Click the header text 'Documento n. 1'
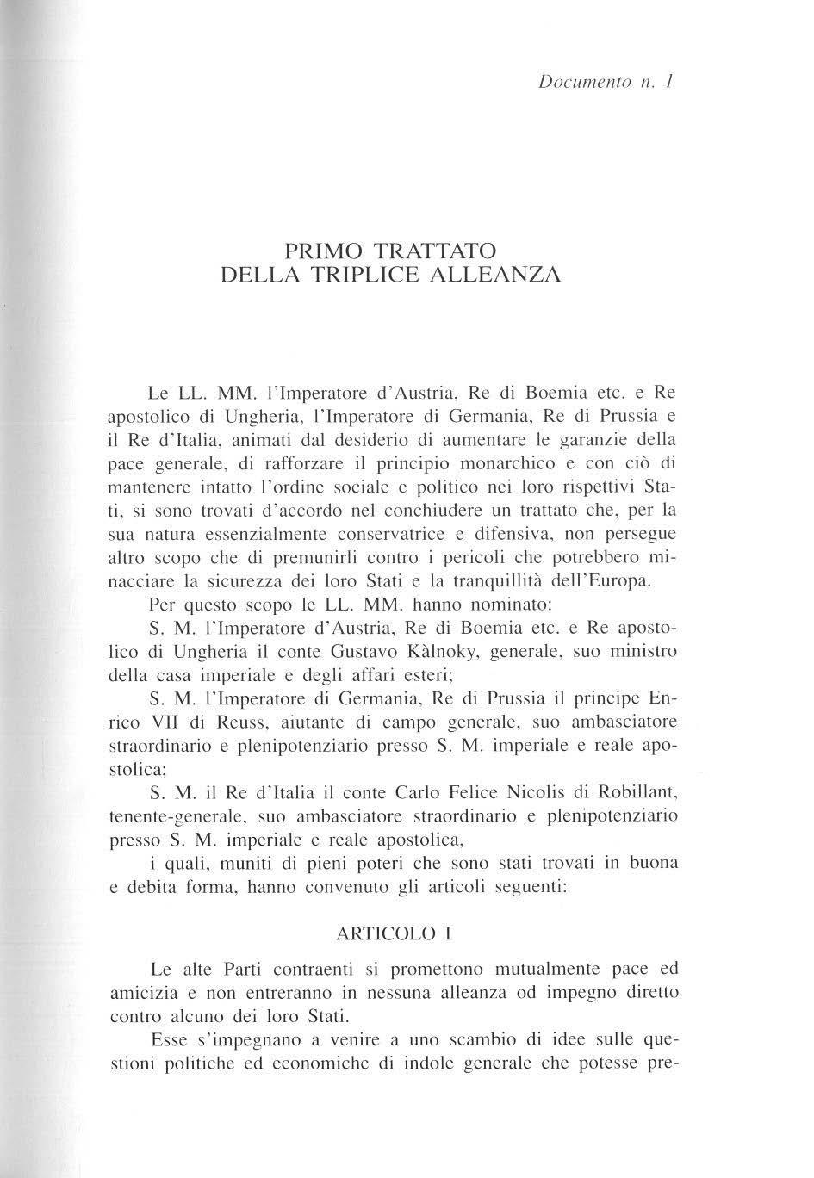click(x=605, y=84)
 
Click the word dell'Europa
click(x=600, y=581)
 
